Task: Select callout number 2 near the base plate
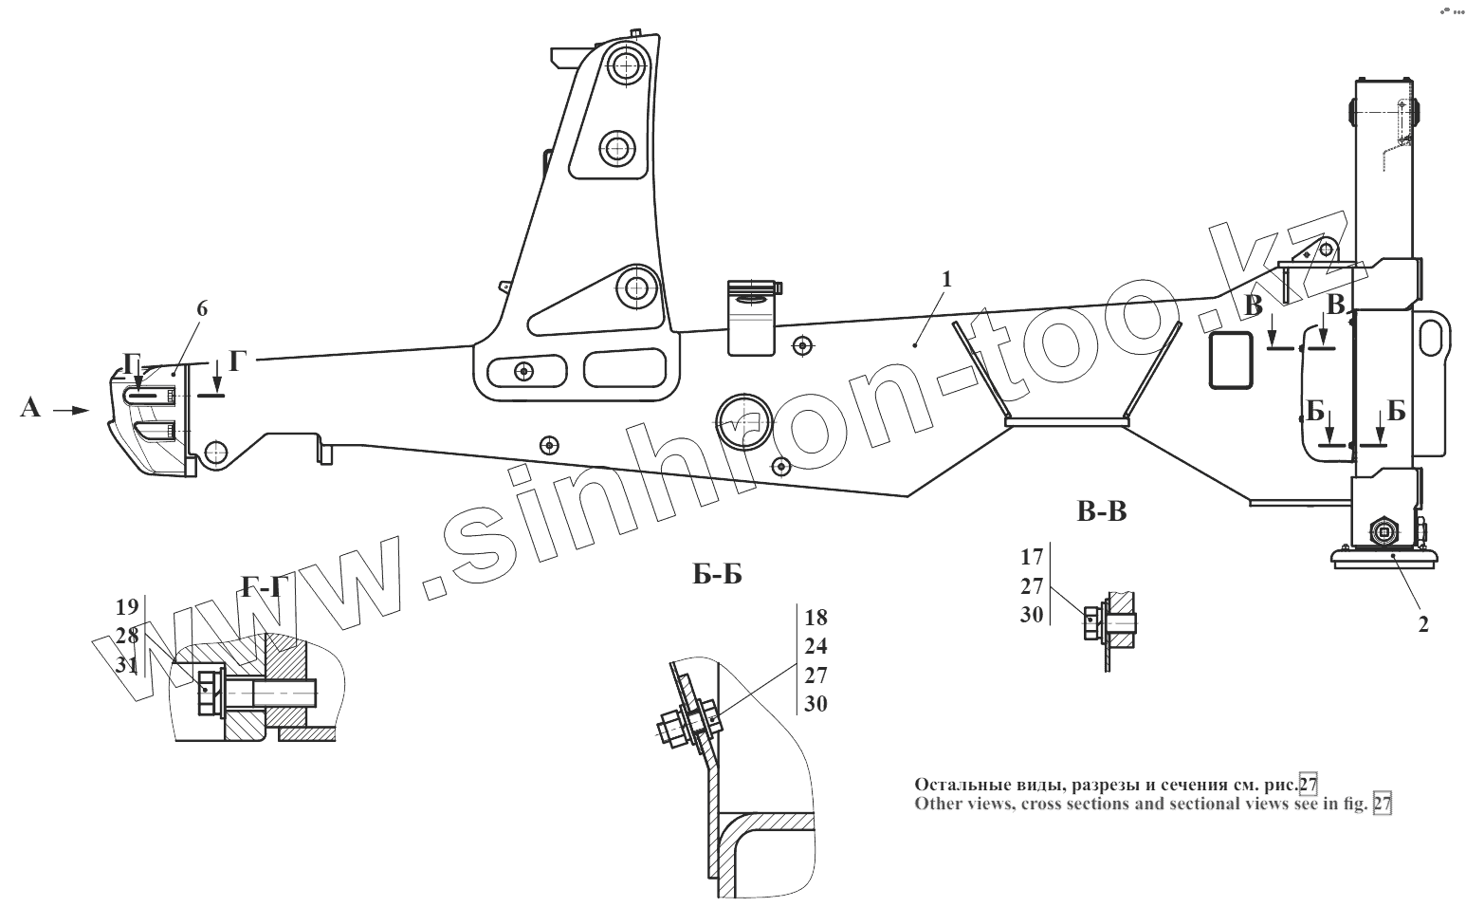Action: [1422, 623]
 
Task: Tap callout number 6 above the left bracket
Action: [201, 308]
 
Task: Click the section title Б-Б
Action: [717, 574]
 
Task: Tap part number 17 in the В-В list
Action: [1032, 557]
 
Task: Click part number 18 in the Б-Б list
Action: [815, 618]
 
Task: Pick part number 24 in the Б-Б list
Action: [815, 647]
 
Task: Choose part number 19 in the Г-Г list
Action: [127, 606]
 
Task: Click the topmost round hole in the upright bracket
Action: [625, 66]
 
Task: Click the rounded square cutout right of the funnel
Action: [1230, 360]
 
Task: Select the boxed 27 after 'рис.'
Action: [1309, 785]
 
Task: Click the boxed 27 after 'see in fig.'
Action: [1382, 804]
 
